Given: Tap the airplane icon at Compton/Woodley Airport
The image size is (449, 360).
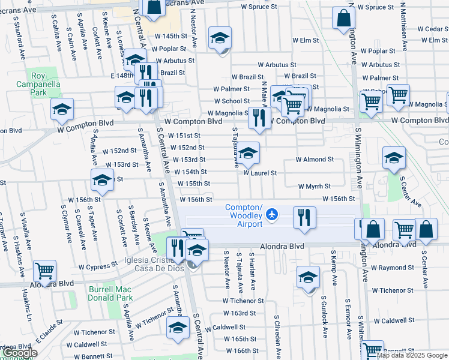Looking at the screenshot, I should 273,214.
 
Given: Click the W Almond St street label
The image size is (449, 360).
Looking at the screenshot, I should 315,160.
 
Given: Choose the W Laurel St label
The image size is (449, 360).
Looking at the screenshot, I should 260,173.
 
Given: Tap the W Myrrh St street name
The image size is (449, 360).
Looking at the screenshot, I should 314,187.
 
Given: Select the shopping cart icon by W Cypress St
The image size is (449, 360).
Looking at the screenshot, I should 44,271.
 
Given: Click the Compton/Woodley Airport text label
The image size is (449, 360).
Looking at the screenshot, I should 244,216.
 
